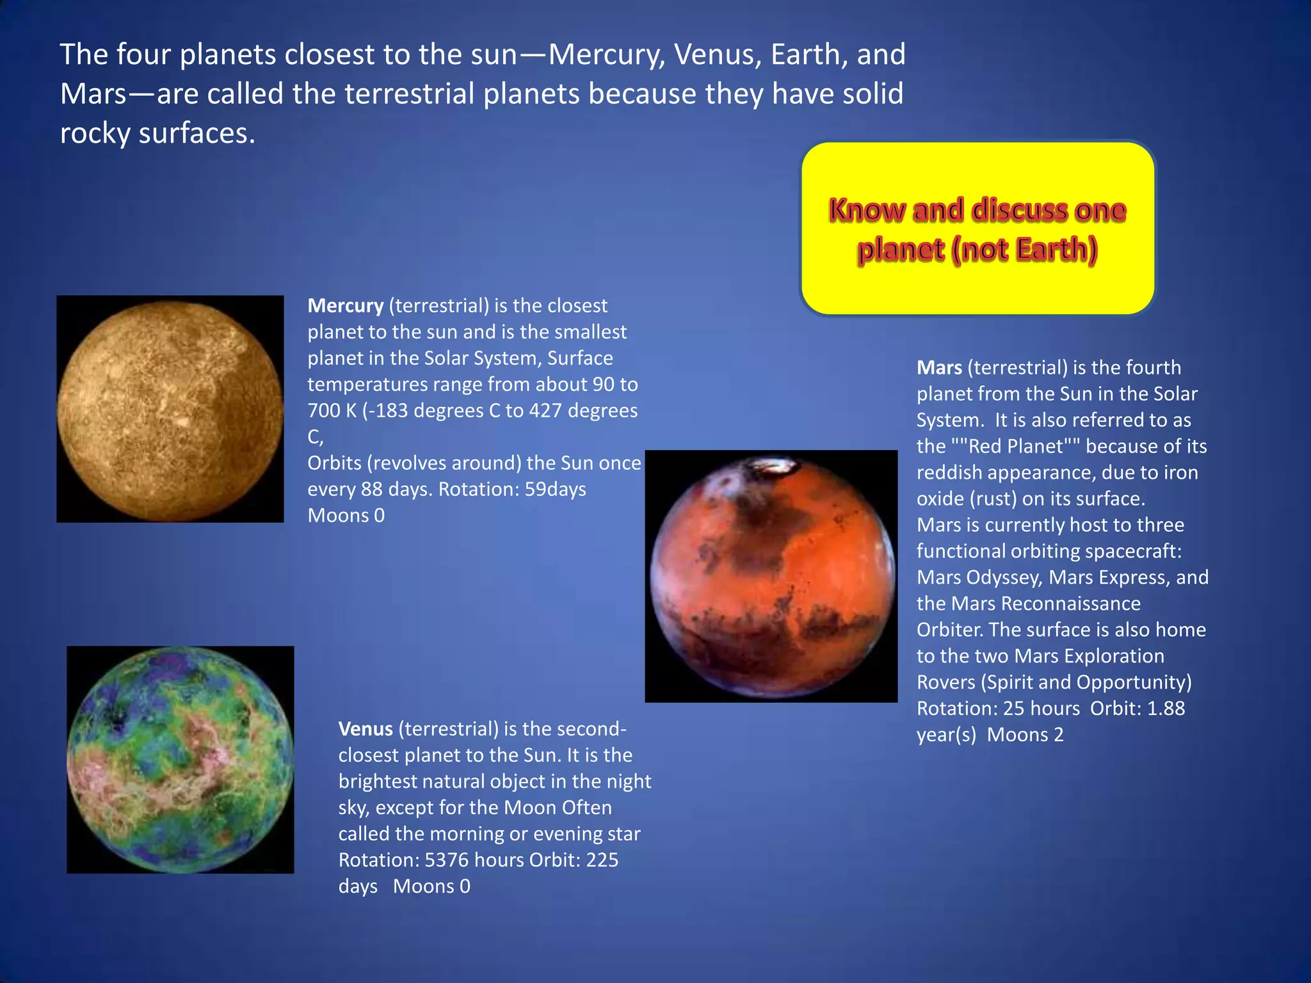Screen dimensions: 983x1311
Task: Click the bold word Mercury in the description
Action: pyautogui.click(x=345, y=306)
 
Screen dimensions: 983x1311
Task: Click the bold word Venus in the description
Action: pyautogui.click(x=365, y=729)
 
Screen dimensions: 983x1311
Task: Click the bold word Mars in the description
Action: pyautogui.click(x=939, y=368)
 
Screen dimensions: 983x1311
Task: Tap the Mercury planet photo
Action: pyautogui.click(x=170, y=410)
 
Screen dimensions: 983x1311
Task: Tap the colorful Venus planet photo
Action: pyautogui.click(x=180, y=760)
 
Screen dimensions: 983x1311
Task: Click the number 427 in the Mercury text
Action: pyautogui.click(x=545, y=411)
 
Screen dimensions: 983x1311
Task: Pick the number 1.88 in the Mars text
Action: pyautogui.click(x=1166, y=708)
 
